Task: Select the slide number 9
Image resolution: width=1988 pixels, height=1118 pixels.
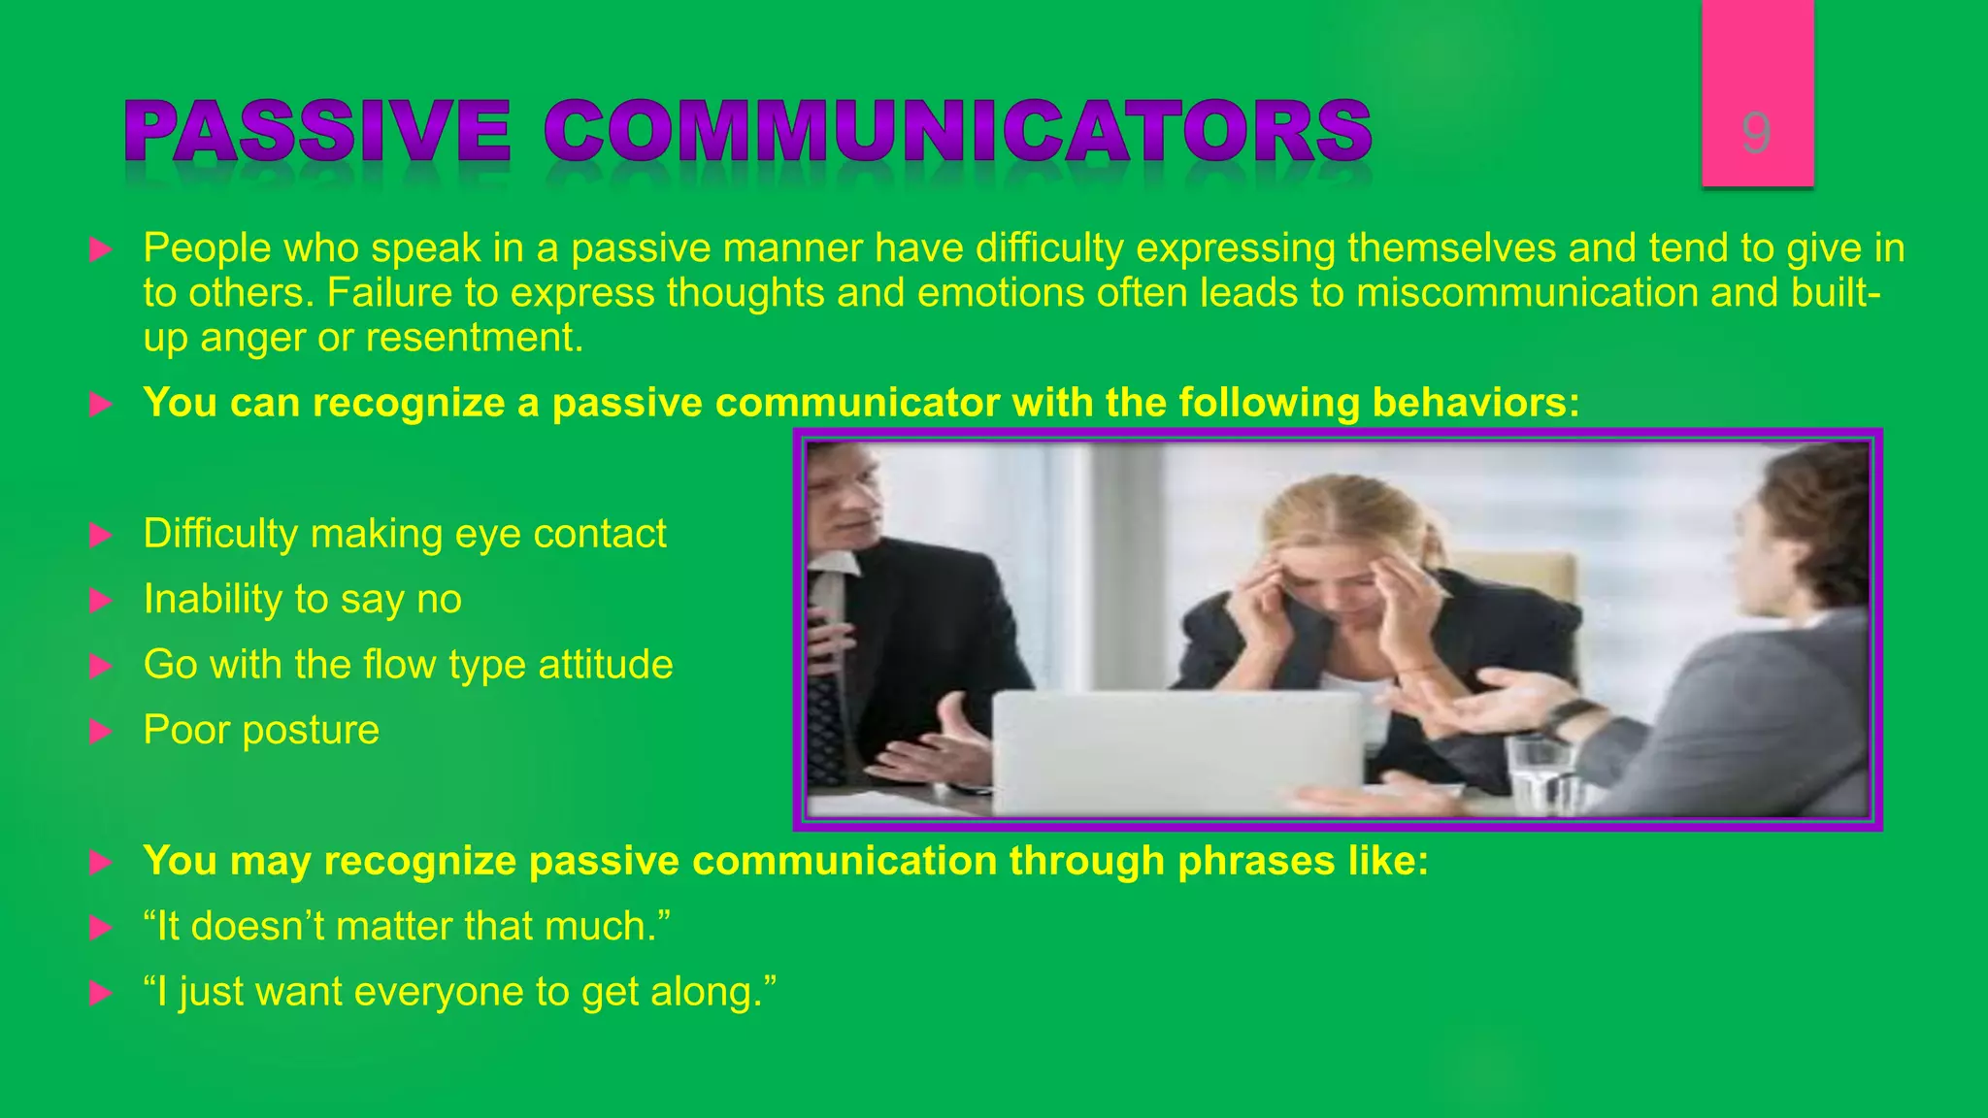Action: pyautogui.click(x=1756, y=133)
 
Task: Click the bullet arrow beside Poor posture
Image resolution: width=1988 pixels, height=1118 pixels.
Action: pyautogui.click(x=100, y=732)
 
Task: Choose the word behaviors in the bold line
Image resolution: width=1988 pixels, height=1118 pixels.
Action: pyautogui.click(x=1475, y=403)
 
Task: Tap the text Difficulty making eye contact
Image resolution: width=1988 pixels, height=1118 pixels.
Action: pyautogui.click(x=405, y=534)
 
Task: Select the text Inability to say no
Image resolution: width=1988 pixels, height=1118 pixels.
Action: pyautogui.click(x=302, y=599)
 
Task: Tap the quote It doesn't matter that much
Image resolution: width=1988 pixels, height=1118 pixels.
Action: pyautogui.click(x=407, y=927)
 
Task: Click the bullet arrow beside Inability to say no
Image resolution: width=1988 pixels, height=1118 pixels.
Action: pyautogui.click(x=100, y=601)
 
